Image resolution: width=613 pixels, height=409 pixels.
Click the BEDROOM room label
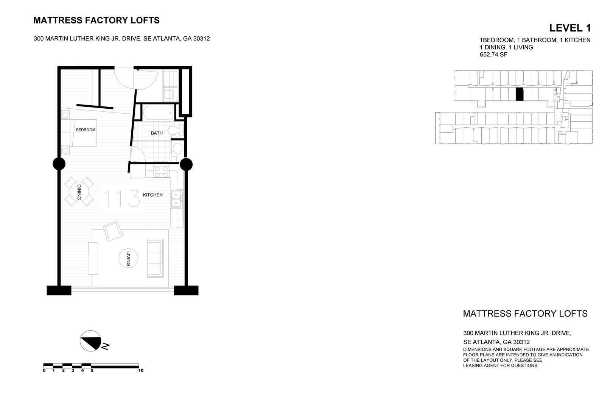pyautogui.click(x=86, y=130)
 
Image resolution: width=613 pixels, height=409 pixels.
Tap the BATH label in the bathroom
pyautogui.click(x=157, y=133)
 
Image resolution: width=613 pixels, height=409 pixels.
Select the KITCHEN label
pyautogui.click(x=152, y=195)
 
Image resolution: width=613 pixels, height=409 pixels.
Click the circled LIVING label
pyautogui.click(x=128, y=259)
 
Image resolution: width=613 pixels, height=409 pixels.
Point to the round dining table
pyautogui.click(x=79, y=192)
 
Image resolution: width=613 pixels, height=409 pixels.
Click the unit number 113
pyautogui.click(x=121, y=199)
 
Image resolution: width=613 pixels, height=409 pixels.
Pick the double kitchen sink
pyautogui.click(x=176, y=199)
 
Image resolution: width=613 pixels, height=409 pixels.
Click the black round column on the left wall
pyautogui.click(x=59, y=164)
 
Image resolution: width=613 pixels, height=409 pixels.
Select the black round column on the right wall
pyautogui.click(x=186, y=164)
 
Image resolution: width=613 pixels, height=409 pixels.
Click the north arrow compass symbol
pyautogui.click(x=91, y=340)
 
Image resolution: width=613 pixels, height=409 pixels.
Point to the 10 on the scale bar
pyautogui.click(x=141, y=370)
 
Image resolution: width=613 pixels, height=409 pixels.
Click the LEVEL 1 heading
pyautogui.click(x=570, y=28)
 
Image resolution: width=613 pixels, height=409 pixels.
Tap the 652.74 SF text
pyautogui.click(x=493, y=55)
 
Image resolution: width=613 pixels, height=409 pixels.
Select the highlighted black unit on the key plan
pyautogui.click(x=520, y=94)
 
